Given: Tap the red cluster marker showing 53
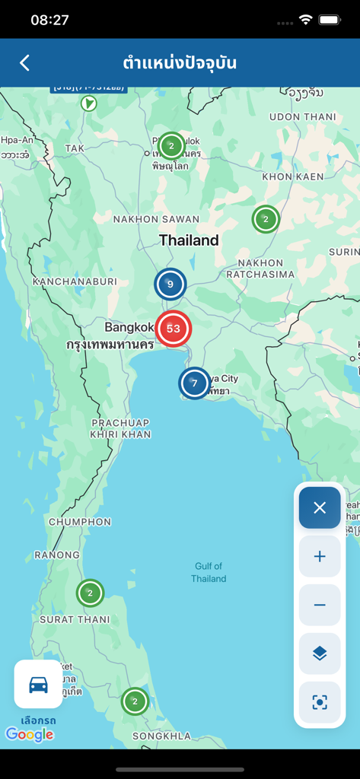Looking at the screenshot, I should pyautogui.click(x=174, y=329).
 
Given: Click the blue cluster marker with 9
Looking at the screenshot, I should pyautogui.click(x=170, y=285).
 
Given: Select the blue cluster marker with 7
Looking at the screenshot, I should pyautogui.click(x=194, y=383).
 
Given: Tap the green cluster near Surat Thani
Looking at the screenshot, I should pyautogui.click(x=90, y=593).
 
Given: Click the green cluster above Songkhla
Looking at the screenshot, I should pyautogui.click(x=135, y=701).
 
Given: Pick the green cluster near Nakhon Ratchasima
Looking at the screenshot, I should pyautogui.click(x=266, y=220).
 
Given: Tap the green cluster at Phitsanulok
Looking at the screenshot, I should pyautogui.click(x=171, y=146).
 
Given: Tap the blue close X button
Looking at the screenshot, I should pyautogui.click(x=320, y=507).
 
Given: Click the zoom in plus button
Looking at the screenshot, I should pyautogui.click(x=320, y=556).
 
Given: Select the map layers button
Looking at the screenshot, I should pyautogui.click(x=320, y=653).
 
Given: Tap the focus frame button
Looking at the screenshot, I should pyautogui.click(x=320, y=702).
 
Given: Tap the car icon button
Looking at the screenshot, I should pyautogui.click(x=38, y=685).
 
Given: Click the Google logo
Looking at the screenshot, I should pyautogui.click(x=30, y=734).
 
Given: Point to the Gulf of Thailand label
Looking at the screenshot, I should pyautogui.click(x=209, y=572).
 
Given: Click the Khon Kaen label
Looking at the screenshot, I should pyautogui.click(x=288, y=176).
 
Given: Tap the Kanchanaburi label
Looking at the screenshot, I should pyautogui.click(x=75, y=281).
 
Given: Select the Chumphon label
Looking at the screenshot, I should pyautogui.click(x=80, y=522).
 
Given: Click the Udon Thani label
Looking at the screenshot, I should pyautogui.click(x=302, y=116).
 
